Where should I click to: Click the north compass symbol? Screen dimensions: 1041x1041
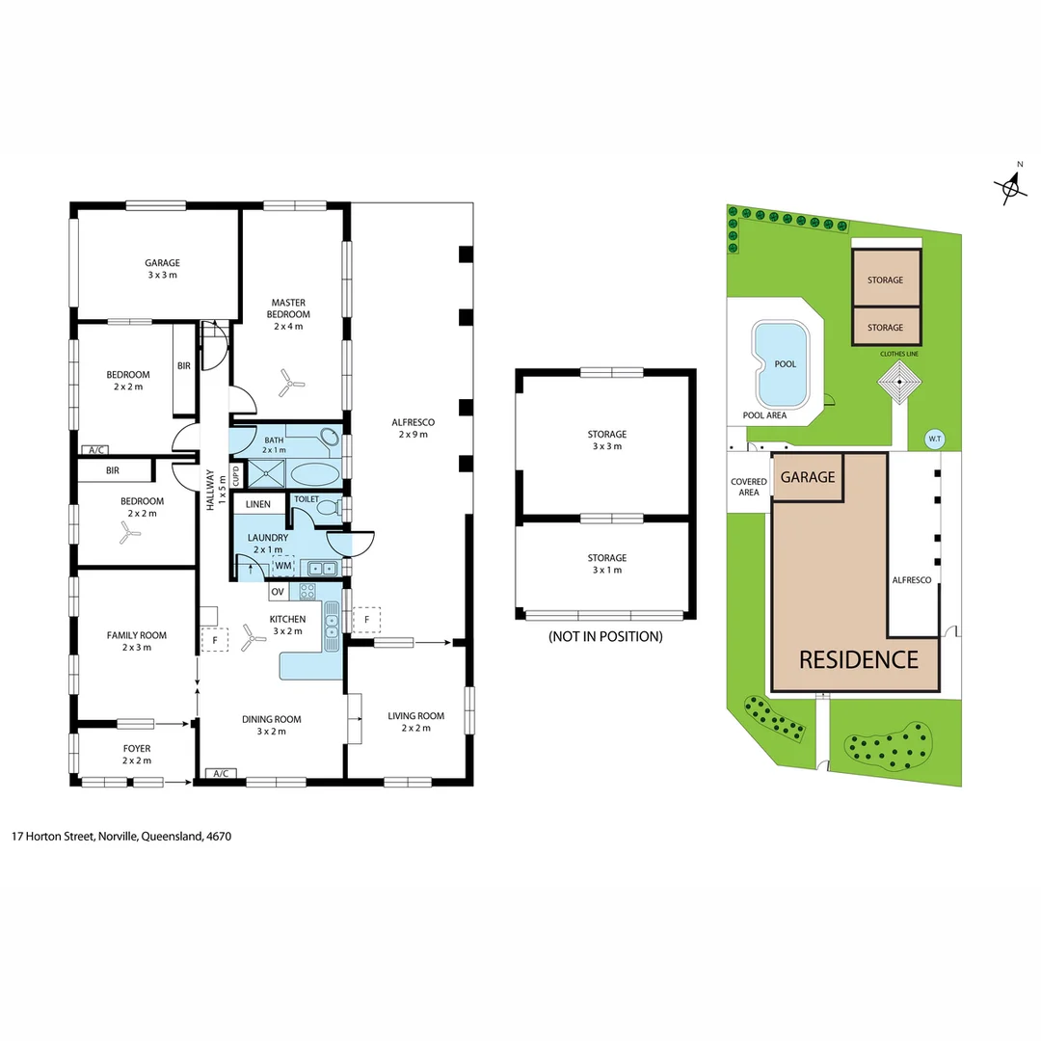point(1010,186)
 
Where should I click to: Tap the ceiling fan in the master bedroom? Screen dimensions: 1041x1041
point(288,384)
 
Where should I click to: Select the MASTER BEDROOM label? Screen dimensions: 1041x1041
point(289,308)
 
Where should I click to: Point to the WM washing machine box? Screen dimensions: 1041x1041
point(283,566)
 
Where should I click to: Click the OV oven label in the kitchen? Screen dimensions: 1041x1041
point(278,591)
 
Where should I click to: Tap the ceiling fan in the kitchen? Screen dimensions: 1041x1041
point(254,634)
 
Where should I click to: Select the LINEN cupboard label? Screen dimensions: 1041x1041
point(258,505)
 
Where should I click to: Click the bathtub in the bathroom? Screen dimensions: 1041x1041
point(314,474)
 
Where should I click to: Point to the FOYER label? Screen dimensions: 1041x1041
point(136,748)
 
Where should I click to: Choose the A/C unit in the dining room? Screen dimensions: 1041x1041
point(221,773)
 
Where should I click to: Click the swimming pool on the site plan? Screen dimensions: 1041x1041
point(783,363)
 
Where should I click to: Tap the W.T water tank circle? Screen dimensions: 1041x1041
point(933,438)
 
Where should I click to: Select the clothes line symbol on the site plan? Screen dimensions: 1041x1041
point(899,386)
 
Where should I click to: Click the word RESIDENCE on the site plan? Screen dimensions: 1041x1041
point(858,660)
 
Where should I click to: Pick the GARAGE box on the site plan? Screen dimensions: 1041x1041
point(808,477)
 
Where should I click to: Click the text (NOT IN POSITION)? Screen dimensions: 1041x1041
point(604,636)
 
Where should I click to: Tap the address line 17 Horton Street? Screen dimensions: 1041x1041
point(121,837)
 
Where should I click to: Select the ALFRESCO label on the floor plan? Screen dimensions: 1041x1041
point(414,428)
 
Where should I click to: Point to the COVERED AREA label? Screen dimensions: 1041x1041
point(749,487)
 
